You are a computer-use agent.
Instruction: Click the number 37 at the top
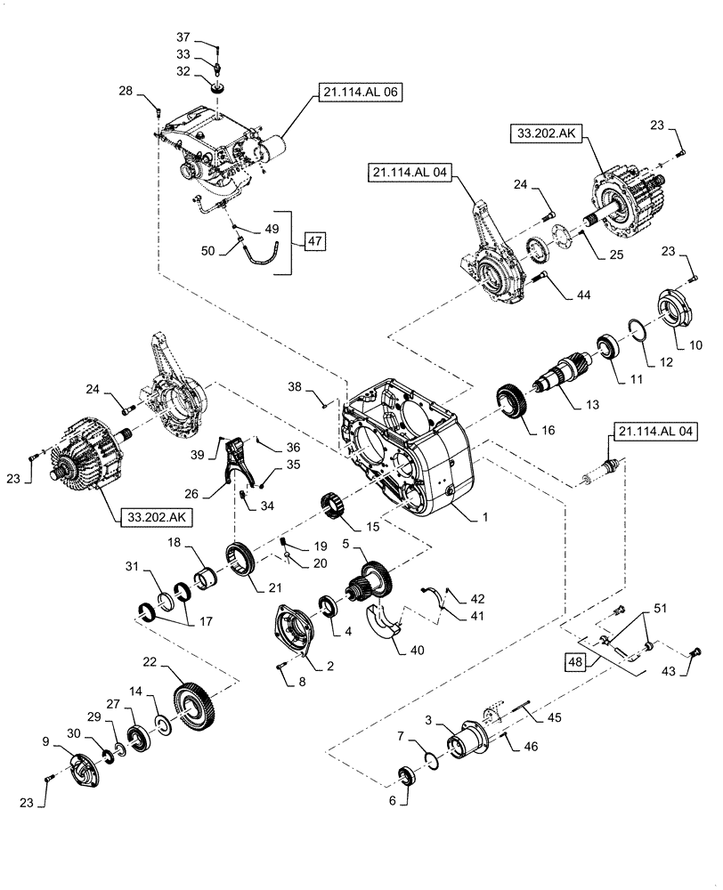click(183, 37)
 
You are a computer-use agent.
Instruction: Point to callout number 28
click(125, 91)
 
